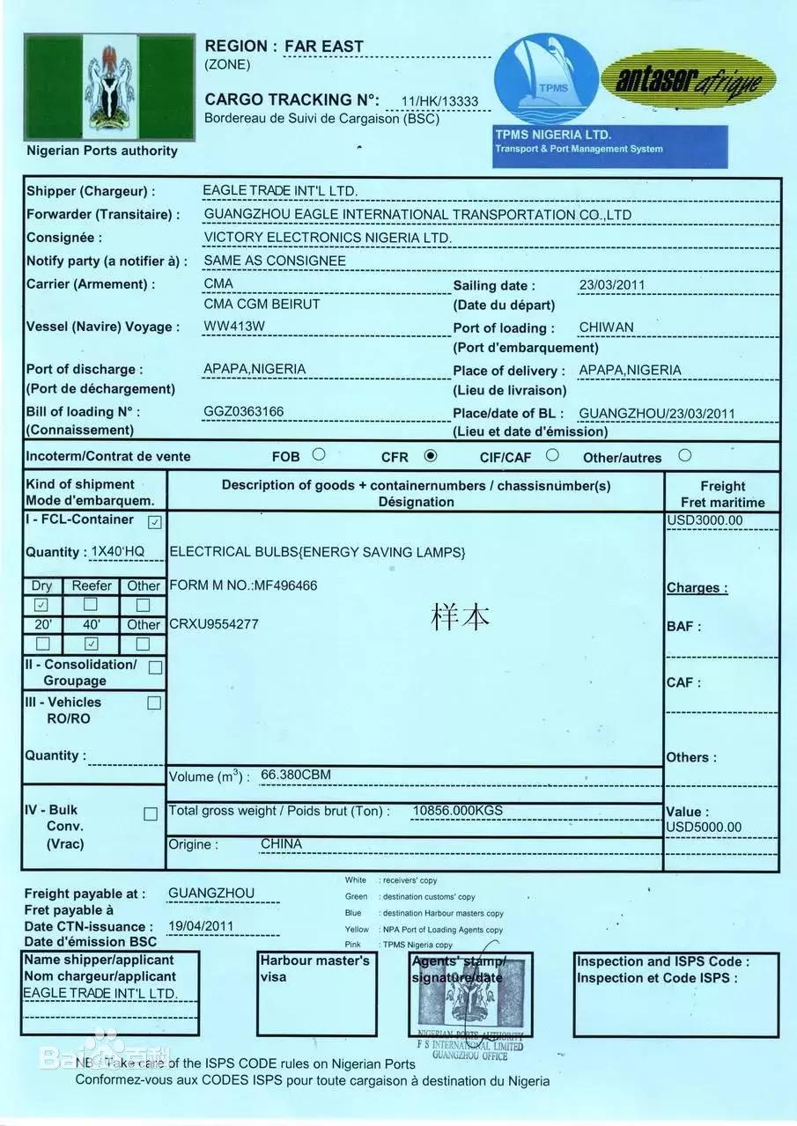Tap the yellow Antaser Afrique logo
pyautogui.click(x=688, y=84)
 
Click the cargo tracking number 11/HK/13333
pyautogui.click(x=439, y=101)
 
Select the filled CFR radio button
pyautogui.click(x=431, y=456)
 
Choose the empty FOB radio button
pyautogui.click(x=319, y=455)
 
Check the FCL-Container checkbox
pyautogui.click(x=155, y=522)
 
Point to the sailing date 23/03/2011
pyautogui.click(x=612, y=285)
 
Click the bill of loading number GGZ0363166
pyautogui.click(x=244, y=411)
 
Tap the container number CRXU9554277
pyautogui.click(x=214, y=624)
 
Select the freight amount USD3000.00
pyautogui.click(x=705, y=520)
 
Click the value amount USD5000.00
pyautogui.click(x=704, y=827)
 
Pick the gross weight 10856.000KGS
pyautogui.click(x=458, y=810)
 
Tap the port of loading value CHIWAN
pyautogui.click(x=606, y=327)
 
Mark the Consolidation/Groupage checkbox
pyautogui.click(x=155, y=667)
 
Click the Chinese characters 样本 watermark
pyautogui.click(x=460, y=616)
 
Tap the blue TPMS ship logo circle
pyautogui.click(x=546, y=79)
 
